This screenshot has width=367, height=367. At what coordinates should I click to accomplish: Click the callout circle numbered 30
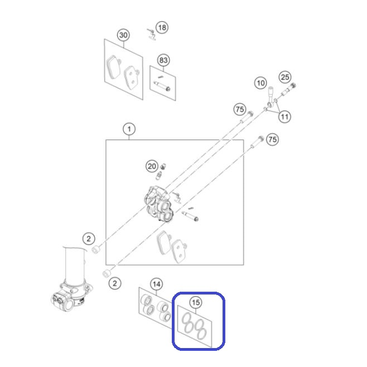(x=123, y=35)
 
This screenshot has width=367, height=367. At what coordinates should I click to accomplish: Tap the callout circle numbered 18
(x=162, y=28)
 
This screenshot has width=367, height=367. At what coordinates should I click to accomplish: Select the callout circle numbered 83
(x=163, y=60)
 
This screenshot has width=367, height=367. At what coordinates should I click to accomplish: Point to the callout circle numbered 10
(x=260, y=83)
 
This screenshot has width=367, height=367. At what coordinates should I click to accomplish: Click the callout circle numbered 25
(x=285, y=77)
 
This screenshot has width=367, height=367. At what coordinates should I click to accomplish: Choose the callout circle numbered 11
(x=284, y=117)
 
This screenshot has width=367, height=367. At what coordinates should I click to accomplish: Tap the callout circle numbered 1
(x=129, y=129)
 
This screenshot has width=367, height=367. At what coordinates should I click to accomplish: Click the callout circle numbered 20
(x=152, y=166)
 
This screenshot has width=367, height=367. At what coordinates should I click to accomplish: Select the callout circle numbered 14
(x=156, y=284)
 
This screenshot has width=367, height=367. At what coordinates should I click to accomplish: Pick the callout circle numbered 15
(x=196, y=303)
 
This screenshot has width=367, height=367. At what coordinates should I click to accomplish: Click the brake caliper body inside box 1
(x=159, y=204)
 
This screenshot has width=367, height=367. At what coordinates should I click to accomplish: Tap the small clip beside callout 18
(x=151, y=34)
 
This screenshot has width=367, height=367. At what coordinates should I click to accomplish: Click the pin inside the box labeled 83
(x=162, y=86)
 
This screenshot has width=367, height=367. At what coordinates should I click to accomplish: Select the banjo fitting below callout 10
(x=270, y=97)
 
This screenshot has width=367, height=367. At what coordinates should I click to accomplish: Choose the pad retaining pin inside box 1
(x=190, y=216)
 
